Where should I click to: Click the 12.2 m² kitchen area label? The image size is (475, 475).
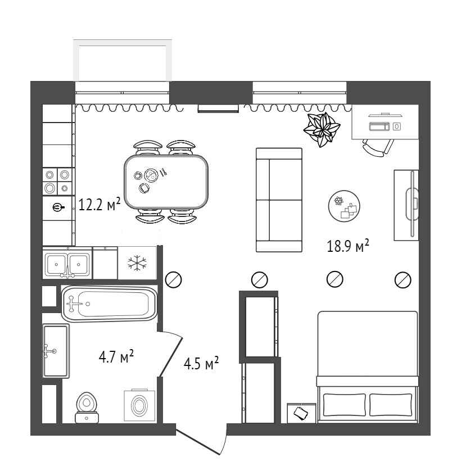click(x=99, y=204)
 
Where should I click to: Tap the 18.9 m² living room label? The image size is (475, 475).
click(x=348, y=246)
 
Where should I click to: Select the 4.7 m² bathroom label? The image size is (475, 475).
click(x=116, y=356)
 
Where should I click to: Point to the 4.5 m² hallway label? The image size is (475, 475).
click(x=201, y=363)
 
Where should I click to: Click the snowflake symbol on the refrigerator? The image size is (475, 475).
click(x=137, y=263)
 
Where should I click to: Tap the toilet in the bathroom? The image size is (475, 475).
click(x=87, y=408)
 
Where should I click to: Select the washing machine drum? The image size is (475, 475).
click(x=139, y=405)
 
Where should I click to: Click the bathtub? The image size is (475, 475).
click(x=110, y=304)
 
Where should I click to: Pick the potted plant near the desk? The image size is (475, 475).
click(x=322, y=129)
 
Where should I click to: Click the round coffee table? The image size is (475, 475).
click(x=344, y=206)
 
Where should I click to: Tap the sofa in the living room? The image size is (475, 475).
click(x=279, y=200)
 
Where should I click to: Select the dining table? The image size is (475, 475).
click(x=166, y=182)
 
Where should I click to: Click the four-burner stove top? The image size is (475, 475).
click(x=57, y=182)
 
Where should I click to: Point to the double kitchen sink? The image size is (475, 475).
click(x=67, y=264)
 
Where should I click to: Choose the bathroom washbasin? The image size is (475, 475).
click(x=56, y=351)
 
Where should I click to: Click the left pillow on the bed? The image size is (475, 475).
click(x=345, y=405)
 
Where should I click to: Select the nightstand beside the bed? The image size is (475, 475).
click(x=301, y=413)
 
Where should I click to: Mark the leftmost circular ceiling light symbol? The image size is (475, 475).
click(x=174, y=279)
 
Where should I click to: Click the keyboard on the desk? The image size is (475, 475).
click(x=379, y=126)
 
